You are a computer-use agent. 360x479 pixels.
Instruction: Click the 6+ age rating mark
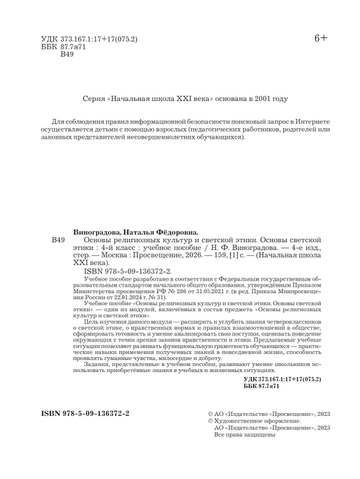321,38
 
